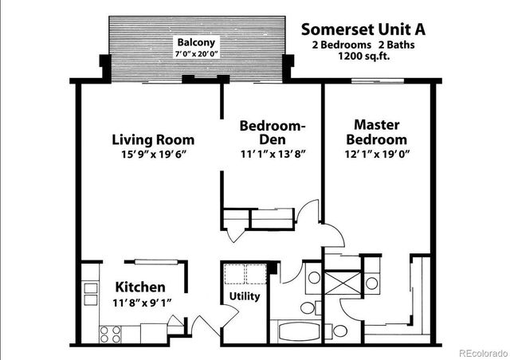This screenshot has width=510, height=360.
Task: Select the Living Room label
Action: [x=150, y=140]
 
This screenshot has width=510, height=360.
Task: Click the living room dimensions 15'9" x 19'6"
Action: [x=150, y=155]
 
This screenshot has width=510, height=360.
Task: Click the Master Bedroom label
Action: [x=376, y=131]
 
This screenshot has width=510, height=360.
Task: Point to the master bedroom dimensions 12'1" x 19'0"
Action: [x=376, y=155]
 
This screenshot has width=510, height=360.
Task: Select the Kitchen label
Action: [x=140, y=287]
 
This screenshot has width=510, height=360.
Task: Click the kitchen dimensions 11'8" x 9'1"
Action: [x=140, y=303]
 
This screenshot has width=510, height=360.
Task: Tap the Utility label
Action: [x=244, y=296]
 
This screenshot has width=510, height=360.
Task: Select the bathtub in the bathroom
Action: [x=296, y=330]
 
